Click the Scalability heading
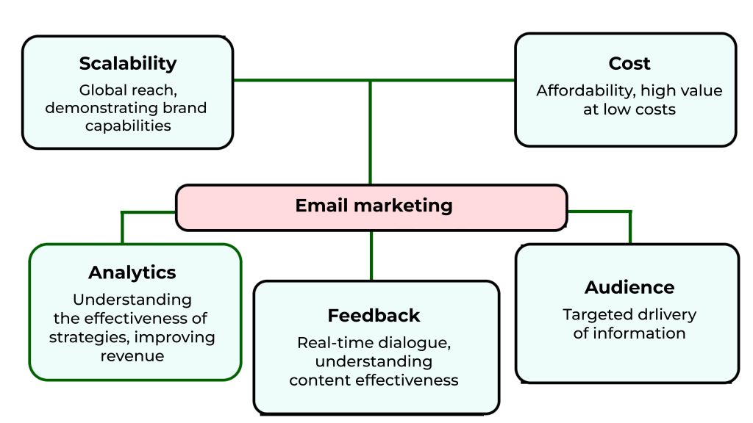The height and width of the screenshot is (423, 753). coord(128,63)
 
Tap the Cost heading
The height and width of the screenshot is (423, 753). coord(629,63)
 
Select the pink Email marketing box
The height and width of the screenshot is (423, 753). coord(371,207)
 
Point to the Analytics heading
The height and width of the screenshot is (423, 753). coord(132,272)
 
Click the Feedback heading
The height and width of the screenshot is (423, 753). coord(374,316)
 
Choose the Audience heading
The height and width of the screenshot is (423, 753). coord(629,287)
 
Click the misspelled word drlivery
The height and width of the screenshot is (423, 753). coord(665,315)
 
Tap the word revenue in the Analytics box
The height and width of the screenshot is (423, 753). coord(132,356)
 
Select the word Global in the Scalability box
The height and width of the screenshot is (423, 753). coord(100,90)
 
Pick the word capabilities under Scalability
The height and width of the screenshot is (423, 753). coord(128,126)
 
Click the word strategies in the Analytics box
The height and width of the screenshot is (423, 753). coord(89,338)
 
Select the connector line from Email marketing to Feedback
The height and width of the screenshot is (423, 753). coord(371,256)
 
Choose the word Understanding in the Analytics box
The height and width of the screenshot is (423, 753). coord(132,300)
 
